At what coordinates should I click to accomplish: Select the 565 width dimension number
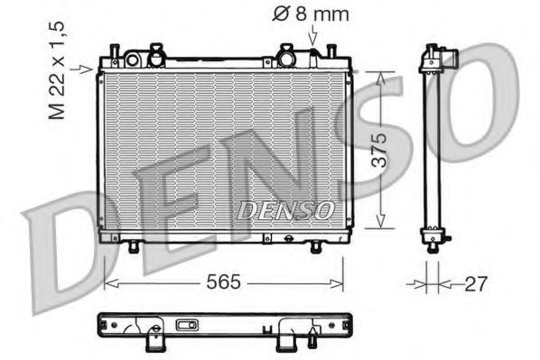(222, 282)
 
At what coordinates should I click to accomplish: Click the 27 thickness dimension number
(475, 283)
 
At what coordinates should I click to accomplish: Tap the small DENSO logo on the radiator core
(285, 210)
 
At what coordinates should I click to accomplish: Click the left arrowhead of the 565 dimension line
(109, 283)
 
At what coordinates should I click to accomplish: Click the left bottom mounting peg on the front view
(135, 247)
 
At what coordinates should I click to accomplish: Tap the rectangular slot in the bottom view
(188, 326)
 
